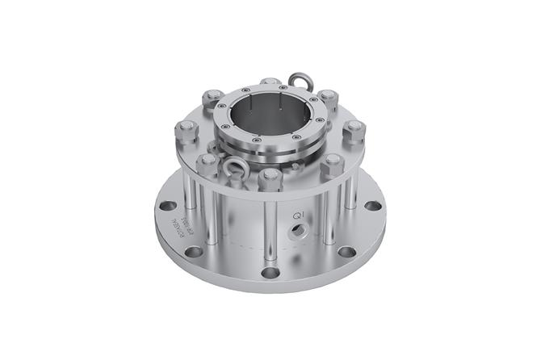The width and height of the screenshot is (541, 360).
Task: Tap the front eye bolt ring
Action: coord(236,167)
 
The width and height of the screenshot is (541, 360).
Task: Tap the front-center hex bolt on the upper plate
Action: coord(270,177)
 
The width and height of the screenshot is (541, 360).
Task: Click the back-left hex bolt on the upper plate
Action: coord(213,98)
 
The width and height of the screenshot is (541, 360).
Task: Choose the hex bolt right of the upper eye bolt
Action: coord(328,98)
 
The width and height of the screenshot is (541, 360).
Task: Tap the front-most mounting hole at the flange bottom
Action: coord(270,272)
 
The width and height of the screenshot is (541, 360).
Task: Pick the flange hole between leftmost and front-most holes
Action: coord(194,251)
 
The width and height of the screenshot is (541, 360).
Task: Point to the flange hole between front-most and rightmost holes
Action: coord(346,251)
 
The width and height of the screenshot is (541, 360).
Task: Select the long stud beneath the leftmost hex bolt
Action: coord(187,174)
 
